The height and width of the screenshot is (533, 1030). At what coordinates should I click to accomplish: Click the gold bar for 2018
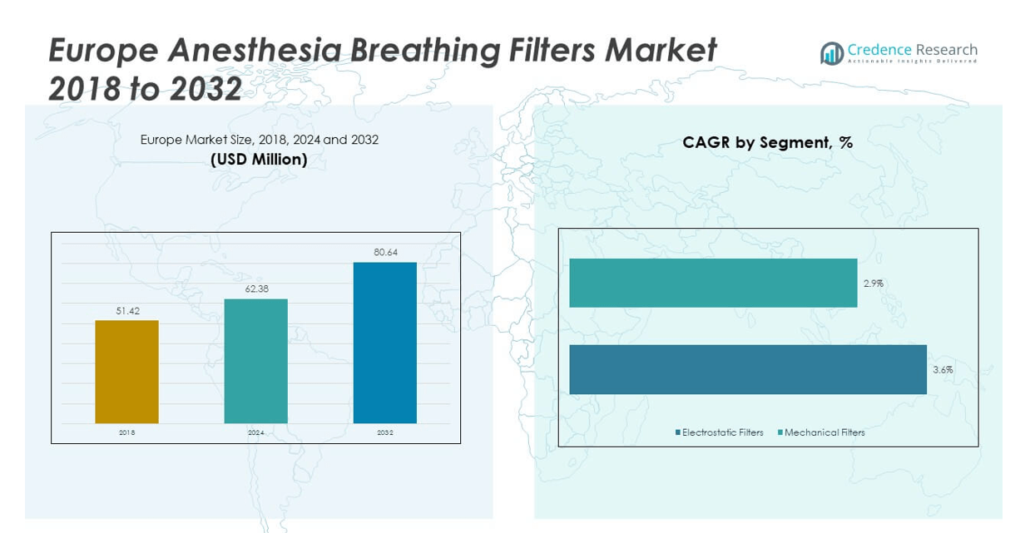click(126, 371)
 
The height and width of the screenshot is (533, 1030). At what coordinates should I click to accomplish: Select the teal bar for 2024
click(255, 361)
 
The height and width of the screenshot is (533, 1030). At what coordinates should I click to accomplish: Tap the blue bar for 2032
click(384, 343)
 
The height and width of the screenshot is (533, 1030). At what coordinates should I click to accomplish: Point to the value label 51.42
click(126, 310)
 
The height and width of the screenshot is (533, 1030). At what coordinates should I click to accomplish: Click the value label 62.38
click(255, 289)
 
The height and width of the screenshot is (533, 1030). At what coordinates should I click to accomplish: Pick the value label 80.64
click(385, 252)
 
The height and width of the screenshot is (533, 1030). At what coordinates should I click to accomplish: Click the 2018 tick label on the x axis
click(126, 433)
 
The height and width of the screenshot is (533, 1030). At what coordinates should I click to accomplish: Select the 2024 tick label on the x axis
click(255, 433)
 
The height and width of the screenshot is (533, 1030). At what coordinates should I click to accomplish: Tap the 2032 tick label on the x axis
click(385, 433)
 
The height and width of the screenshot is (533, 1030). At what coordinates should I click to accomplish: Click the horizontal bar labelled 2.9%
click(713, 283)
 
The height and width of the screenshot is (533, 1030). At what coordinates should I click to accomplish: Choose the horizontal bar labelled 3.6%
click(747, 369)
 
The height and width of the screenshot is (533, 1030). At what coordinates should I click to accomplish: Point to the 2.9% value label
click(873, 284)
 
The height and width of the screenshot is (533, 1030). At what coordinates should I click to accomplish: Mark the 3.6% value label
click(943, 370)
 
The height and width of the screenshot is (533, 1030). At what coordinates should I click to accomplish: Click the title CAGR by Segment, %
click(767, 142)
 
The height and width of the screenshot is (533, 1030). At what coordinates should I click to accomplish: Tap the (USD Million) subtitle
click(259, 160)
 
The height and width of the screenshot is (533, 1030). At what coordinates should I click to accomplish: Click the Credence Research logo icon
click(831, 53)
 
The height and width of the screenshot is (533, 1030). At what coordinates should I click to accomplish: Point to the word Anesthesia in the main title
click(255, 52)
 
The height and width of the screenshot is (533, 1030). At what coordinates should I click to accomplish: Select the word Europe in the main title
click(102, 52)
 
